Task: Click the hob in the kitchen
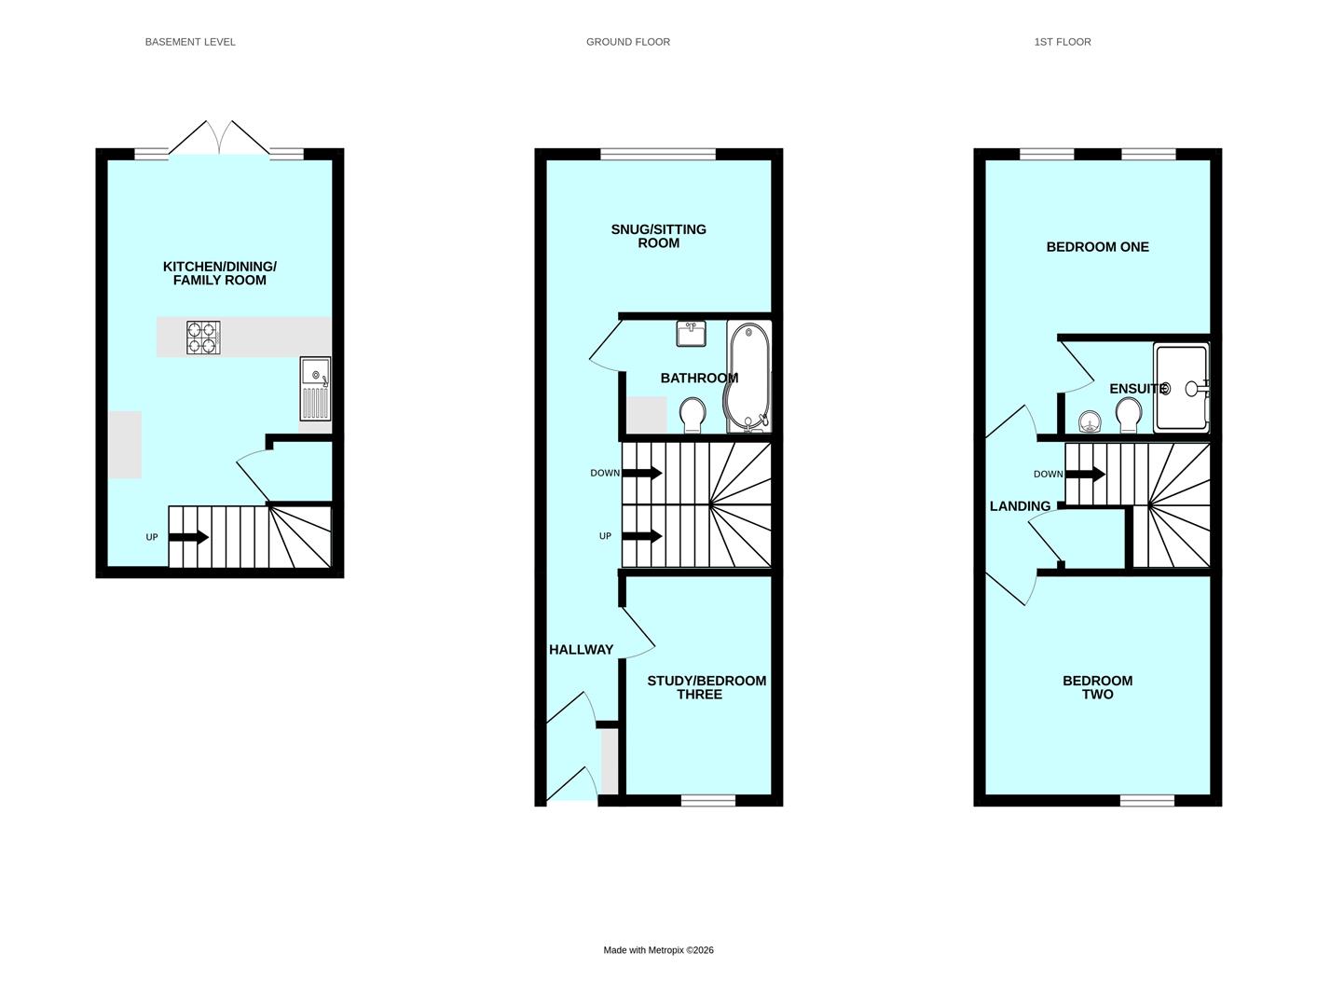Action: pyautogui.click(x=203, y=338)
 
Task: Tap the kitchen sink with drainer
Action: pyautogui.click(x=315, y=389)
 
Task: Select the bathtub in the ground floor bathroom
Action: pyautogui.click(x=748, y=377)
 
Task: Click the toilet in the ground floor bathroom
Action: pyautogui.click(x=693, y=414)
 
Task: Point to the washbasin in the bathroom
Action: pyautogui.click(x=691, y=334)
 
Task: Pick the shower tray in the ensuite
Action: pyautogui.click(x=1180, y=387)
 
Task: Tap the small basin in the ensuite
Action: pyautogui.click(x=1089, y=423)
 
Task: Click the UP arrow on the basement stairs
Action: pyautogui.click(x=189, y=537)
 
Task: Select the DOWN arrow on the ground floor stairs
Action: pyautogui.click(x=642, y=473)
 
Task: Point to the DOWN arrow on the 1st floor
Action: pyautogui.click(x=1085, y=474)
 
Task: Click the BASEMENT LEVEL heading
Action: pyautogui.click(x=190, y=42)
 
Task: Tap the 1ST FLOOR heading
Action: pyautogui.click(x=1062, y=42)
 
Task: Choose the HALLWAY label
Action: pyautogui.click(x=581, y=650)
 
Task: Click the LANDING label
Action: pyautogui.click(x=1020, y=506)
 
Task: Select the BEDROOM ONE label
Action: pyautogui.click(x=1097, y=247)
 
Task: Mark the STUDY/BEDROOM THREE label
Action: pyautogui.click(x=707, y=687)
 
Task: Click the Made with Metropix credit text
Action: pyautogui.click(x=658, y=950)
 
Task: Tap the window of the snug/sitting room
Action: pyautogui.click(x=658, y=154)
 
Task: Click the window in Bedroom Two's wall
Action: pyautogui.click(x=1146, y=800)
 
